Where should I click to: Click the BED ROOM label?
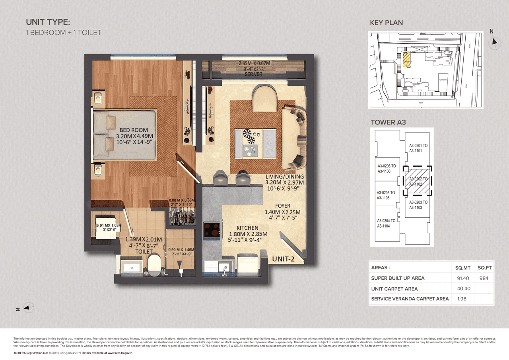coord(134,130)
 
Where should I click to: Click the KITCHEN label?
coord(247,228)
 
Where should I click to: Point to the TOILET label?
coord(144,251)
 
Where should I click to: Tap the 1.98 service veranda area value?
coord(461,299)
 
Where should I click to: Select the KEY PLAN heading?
coord(386,23)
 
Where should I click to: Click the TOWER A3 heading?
coord(388,122)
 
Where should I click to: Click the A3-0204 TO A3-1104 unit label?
coord(387,223)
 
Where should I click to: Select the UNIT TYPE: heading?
coord(48,22)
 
